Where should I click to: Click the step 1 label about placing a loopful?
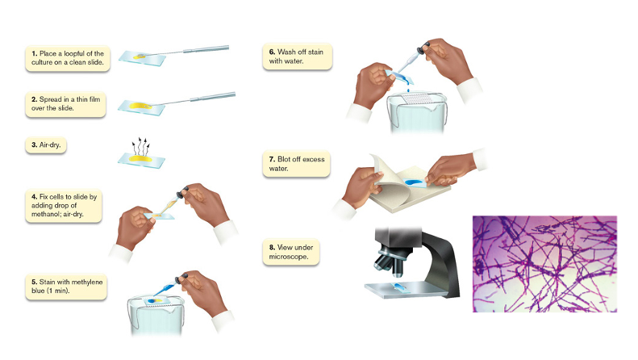68,58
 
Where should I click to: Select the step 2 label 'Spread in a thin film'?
65,104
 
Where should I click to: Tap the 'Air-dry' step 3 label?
45,145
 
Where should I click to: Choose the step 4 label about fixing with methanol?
64,206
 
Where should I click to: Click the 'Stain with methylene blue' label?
66,287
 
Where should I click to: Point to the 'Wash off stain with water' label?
298,57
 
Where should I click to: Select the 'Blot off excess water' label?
296,164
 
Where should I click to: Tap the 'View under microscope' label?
291,252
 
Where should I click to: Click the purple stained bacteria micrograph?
544,264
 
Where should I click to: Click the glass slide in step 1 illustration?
143,58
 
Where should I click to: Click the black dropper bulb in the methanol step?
181,193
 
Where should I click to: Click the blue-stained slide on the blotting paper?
414,182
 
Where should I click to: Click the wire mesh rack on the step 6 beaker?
415,99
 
